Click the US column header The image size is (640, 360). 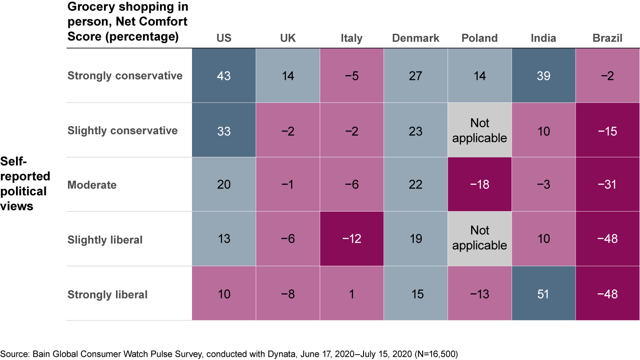click(224, 38)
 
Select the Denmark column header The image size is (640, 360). click(416, 38)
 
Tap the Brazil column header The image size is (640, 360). click(608, 38)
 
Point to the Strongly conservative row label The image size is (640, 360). click(125, 76)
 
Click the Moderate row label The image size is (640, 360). click(92, 184)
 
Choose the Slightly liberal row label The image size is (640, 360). click(105, 240)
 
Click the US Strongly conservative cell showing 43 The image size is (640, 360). click(224, 76)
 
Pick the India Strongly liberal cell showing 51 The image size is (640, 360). click(544, 294)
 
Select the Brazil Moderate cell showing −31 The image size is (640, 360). click(608, 184)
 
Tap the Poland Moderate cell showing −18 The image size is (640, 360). click(480, 184)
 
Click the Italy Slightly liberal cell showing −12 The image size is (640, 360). click(352, 239)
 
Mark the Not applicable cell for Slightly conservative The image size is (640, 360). click(480, 130)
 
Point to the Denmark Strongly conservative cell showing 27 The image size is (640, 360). click(416, 76)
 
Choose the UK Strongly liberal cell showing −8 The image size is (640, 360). click(288, 294)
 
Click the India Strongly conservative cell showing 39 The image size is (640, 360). click(544, 76)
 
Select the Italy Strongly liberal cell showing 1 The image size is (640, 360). click(352, 294)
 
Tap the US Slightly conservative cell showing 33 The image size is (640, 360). click(224, 130)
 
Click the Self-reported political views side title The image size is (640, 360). click(26, 183)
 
